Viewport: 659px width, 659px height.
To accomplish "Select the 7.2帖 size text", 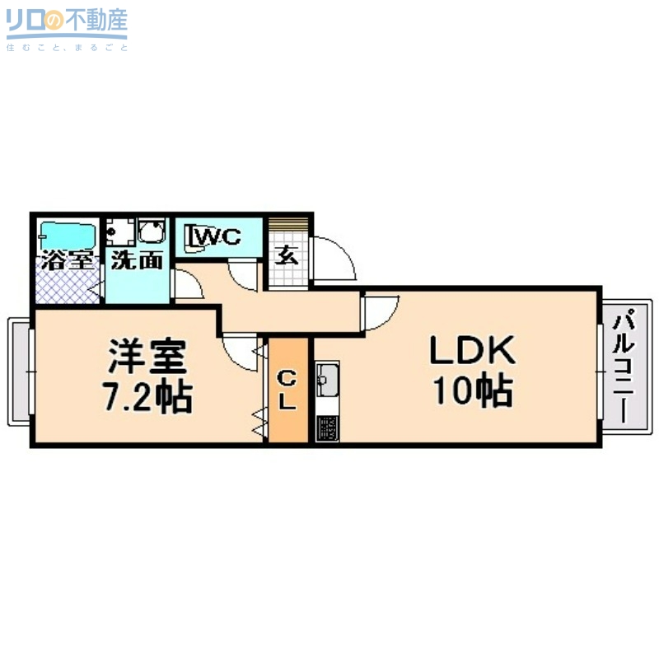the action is (147, 397).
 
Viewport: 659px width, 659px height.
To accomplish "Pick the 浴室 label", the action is (66, 260).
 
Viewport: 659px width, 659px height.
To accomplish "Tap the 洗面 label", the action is (136, 260).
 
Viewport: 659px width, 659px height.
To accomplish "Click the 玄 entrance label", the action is (287, 255).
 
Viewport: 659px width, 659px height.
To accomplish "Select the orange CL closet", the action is (287, 390).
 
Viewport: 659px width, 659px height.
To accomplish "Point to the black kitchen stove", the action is (327, 428).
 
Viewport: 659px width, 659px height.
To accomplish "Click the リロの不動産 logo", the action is (67, 26).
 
